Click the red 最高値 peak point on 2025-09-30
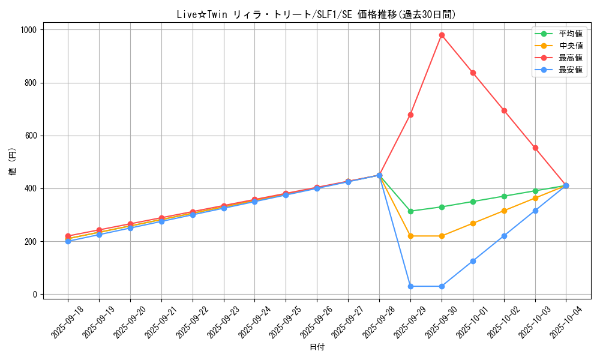442,35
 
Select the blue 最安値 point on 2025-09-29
410,286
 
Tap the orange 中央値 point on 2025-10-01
473,223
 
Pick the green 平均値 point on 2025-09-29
410,211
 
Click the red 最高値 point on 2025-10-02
504,110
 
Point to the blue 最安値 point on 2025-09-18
68,241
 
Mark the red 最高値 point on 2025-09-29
410,115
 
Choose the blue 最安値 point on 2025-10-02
504,236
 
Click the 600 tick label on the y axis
31,136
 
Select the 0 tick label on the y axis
35,295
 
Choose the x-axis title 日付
317,347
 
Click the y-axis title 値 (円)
13,162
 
